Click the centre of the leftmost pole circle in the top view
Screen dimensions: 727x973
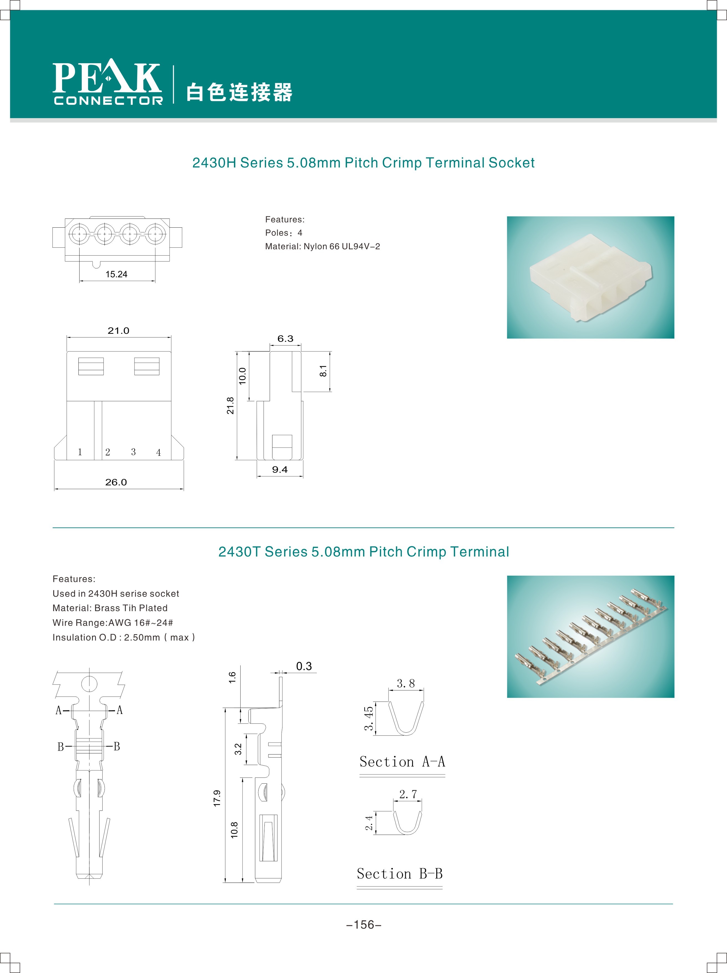(x=80, y=233)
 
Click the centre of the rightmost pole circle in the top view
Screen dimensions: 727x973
(x=155, y=233)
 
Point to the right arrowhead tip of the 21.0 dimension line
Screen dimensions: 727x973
(x=171, y=337)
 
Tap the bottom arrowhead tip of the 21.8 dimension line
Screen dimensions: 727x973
(x=237, y=460)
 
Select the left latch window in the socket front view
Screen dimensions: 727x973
(x=91, y=366)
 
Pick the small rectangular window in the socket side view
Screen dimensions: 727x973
(x=282, y=447)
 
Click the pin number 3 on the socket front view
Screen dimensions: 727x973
(x=133, y=452)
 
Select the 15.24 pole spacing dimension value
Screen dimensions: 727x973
(x=117, y=274)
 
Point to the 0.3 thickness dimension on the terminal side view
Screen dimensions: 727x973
(x=304, y=666)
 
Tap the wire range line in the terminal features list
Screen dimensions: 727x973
(x=113, y=623)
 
